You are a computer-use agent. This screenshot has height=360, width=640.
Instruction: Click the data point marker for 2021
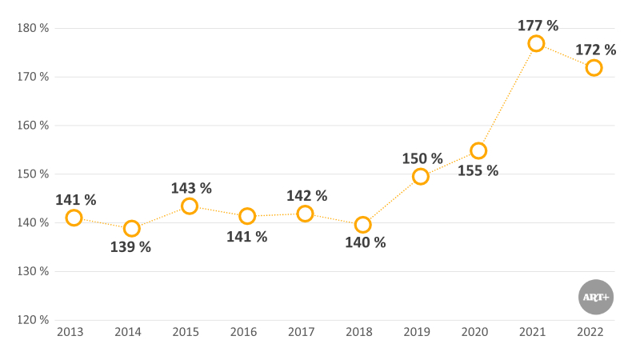click(536, 43)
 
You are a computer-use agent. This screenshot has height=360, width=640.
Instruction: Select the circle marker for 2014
click(132, 228)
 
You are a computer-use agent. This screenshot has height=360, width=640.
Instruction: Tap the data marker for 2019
click(421, 176)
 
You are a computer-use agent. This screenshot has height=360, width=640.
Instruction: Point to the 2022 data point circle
click(594, 68)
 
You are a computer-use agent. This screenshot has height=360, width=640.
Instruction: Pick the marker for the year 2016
click(247, 216)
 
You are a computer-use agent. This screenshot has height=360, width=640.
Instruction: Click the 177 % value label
click(538, 25)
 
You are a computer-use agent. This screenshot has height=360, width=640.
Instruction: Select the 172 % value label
click(596, 50)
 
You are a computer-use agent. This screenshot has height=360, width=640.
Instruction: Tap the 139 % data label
click(130, 247)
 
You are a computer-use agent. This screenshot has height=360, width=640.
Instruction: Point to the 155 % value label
click(478, 170)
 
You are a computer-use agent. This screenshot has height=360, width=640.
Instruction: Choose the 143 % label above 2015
click(191, 188)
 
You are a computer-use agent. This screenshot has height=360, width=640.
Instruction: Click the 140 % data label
click(365, 242)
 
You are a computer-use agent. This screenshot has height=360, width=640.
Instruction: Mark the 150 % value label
click(422, 158)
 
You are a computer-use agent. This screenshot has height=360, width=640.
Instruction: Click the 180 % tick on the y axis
click(33, 28)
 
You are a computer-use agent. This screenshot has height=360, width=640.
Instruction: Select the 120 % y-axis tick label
click(33, 320)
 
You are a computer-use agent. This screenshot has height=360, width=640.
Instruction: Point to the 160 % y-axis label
click(33, 126)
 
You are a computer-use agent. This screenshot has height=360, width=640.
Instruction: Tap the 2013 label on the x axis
click(70, 332)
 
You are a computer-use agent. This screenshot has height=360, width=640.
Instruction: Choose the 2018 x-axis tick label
click(359, 332)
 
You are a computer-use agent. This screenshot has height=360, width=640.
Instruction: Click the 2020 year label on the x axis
click(475, 332)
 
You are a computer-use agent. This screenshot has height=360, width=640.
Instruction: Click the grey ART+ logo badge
click(595, 297)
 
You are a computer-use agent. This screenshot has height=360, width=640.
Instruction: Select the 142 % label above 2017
click(307, 195)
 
